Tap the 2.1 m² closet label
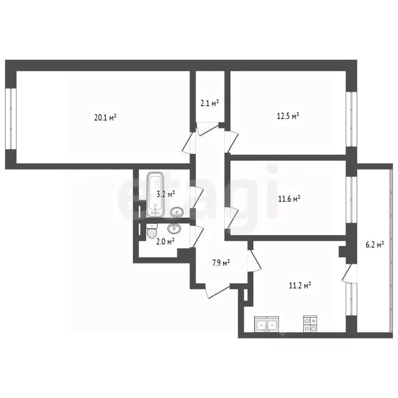point(210,103)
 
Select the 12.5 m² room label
point(288,116)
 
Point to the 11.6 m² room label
point(289,199)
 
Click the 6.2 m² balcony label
point(375,245)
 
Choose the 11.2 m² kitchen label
point(300,286)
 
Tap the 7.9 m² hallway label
point(221,263)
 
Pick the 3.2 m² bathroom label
point(166,194)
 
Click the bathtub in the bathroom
point(155,194)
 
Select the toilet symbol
point(152,231)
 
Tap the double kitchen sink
point(267,324)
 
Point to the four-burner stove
point(310,324)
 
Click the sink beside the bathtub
point(177,212)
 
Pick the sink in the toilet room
point(175,228)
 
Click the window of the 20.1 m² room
point(11,119)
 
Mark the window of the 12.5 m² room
point(352,119)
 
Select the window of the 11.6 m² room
point(352,199)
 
